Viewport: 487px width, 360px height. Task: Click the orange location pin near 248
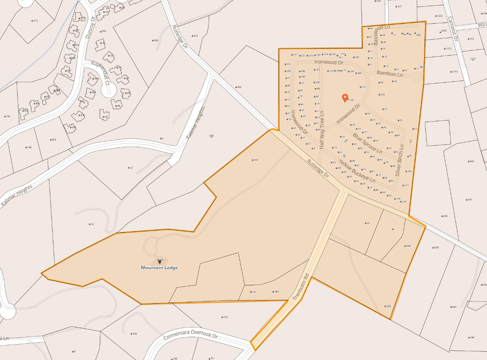pos(345,98)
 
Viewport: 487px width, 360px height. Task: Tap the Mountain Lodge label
pos(159,268)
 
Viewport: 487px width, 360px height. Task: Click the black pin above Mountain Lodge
pos(160,262)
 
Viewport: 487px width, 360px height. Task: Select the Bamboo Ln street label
pos(390,74)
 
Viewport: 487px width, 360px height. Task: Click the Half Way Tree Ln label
pos(322,130)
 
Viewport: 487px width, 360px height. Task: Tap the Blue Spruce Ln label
pos(367,143)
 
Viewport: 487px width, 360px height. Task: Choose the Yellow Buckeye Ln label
pos(357,171)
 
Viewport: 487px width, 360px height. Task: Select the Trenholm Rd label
pos(301,287)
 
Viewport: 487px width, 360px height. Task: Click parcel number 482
pos(256,160)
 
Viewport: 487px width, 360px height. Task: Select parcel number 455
pos(239,87)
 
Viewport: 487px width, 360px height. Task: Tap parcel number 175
pos(35,21)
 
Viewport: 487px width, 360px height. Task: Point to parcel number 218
pos(225,317)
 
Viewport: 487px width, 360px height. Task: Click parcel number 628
pos(436,248)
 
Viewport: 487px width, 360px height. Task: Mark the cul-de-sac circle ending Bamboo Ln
pos(417,77)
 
